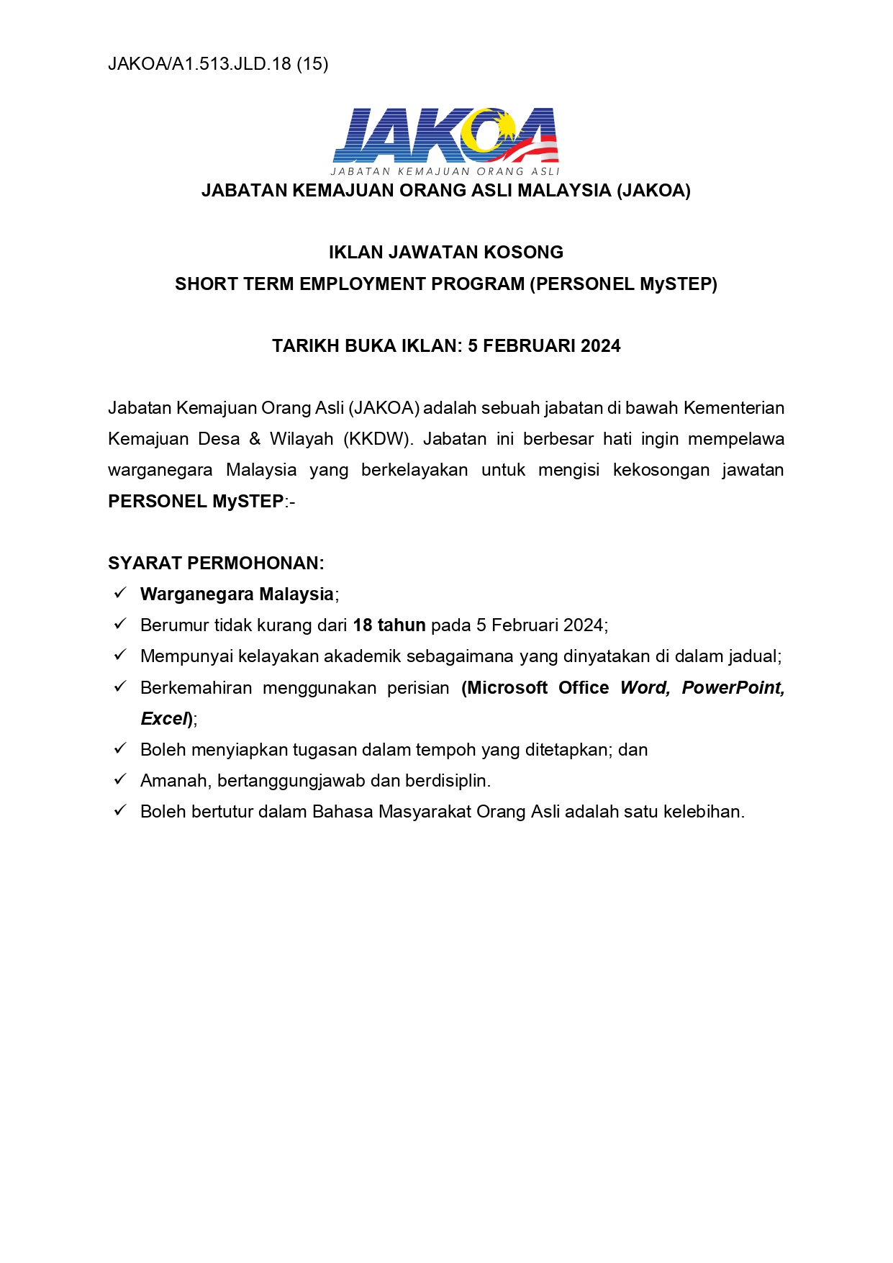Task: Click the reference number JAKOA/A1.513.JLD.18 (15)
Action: coord(218,64)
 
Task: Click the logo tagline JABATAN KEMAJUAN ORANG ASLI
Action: coord(445,171)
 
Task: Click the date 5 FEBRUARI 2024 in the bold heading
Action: coord(544,346)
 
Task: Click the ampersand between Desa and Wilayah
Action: coord(255,439)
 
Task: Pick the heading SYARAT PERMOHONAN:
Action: coord(216,563)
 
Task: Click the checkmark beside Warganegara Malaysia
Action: coord(120,593)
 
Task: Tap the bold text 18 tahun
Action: coord(389,625)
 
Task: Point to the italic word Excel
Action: coord(164,719)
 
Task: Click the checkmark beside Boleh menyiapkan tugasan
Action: coord(120,748)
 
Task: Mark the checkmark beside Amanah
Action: coord(120,779)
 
